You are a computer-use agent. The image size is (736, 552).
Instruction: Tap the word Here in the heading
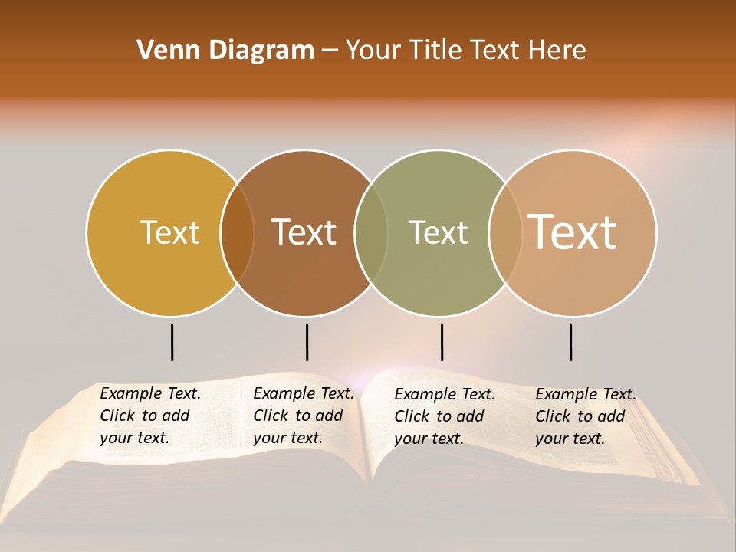557,51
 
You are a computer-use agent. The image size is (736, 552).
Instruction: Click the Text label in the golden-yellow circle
169,232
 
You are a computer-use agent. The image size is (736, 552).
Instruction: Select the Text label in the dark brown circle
304,232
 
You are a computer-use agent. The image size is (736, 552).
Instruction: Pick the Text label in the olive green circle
439,232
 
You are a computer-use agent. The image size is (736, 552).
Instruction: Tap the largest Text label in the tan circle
573,232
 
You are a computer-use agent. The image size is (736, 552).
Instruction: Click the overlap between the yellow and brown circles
237,233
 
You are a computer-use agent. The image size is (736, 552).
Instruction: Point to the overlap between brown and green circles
371,233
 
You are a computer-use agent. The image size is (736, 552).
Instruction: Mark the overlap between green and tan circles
505,233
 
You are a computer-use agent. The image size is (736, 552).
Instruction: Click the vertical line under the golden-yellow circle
172,342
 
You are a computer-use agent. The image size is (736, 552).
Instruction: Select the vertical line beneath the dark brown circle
307,342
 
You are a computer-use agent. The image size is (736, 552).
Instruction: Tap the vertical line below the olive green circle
442,342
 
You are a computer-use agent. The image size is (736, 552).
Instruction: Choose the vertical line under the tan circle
570,342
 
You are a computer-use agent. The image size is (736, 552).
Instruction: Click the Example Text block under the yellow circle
150,416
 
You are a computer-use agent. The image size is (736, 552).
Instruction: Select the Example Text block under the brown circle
304,416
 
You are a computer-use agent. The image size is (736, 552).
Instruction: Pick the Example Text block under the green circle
445,416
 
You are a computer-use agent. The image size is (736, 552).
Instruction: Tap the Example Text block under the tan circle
586,416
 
